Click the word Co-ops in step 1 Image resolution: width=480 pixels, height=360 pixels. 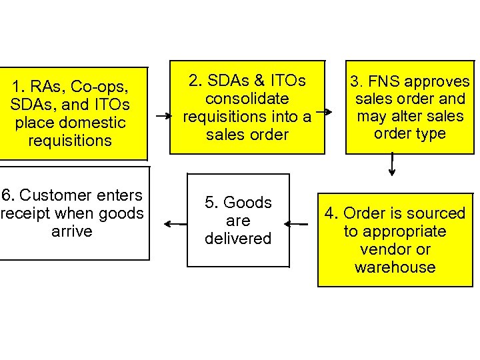(99, 87)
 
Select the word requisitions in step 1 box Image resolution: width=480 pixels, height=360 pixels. (70, 141)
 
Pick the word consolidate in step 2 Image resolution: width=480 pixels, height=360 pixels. (247, 99)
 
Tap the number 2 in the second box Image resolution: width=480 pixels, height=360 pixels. (194, 81)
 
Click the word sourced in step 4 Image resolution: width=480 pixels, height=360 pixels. (436, 213)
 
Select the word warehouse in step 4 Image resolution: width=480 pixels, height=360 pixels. (395, 267)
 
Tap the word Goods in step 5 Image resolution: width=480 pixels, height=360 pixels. (247, 203)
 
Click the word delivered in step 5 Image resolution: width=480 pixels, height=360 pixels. (238, 239)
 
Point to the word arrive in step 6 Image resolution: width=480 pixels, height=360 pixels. (71, 231)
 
